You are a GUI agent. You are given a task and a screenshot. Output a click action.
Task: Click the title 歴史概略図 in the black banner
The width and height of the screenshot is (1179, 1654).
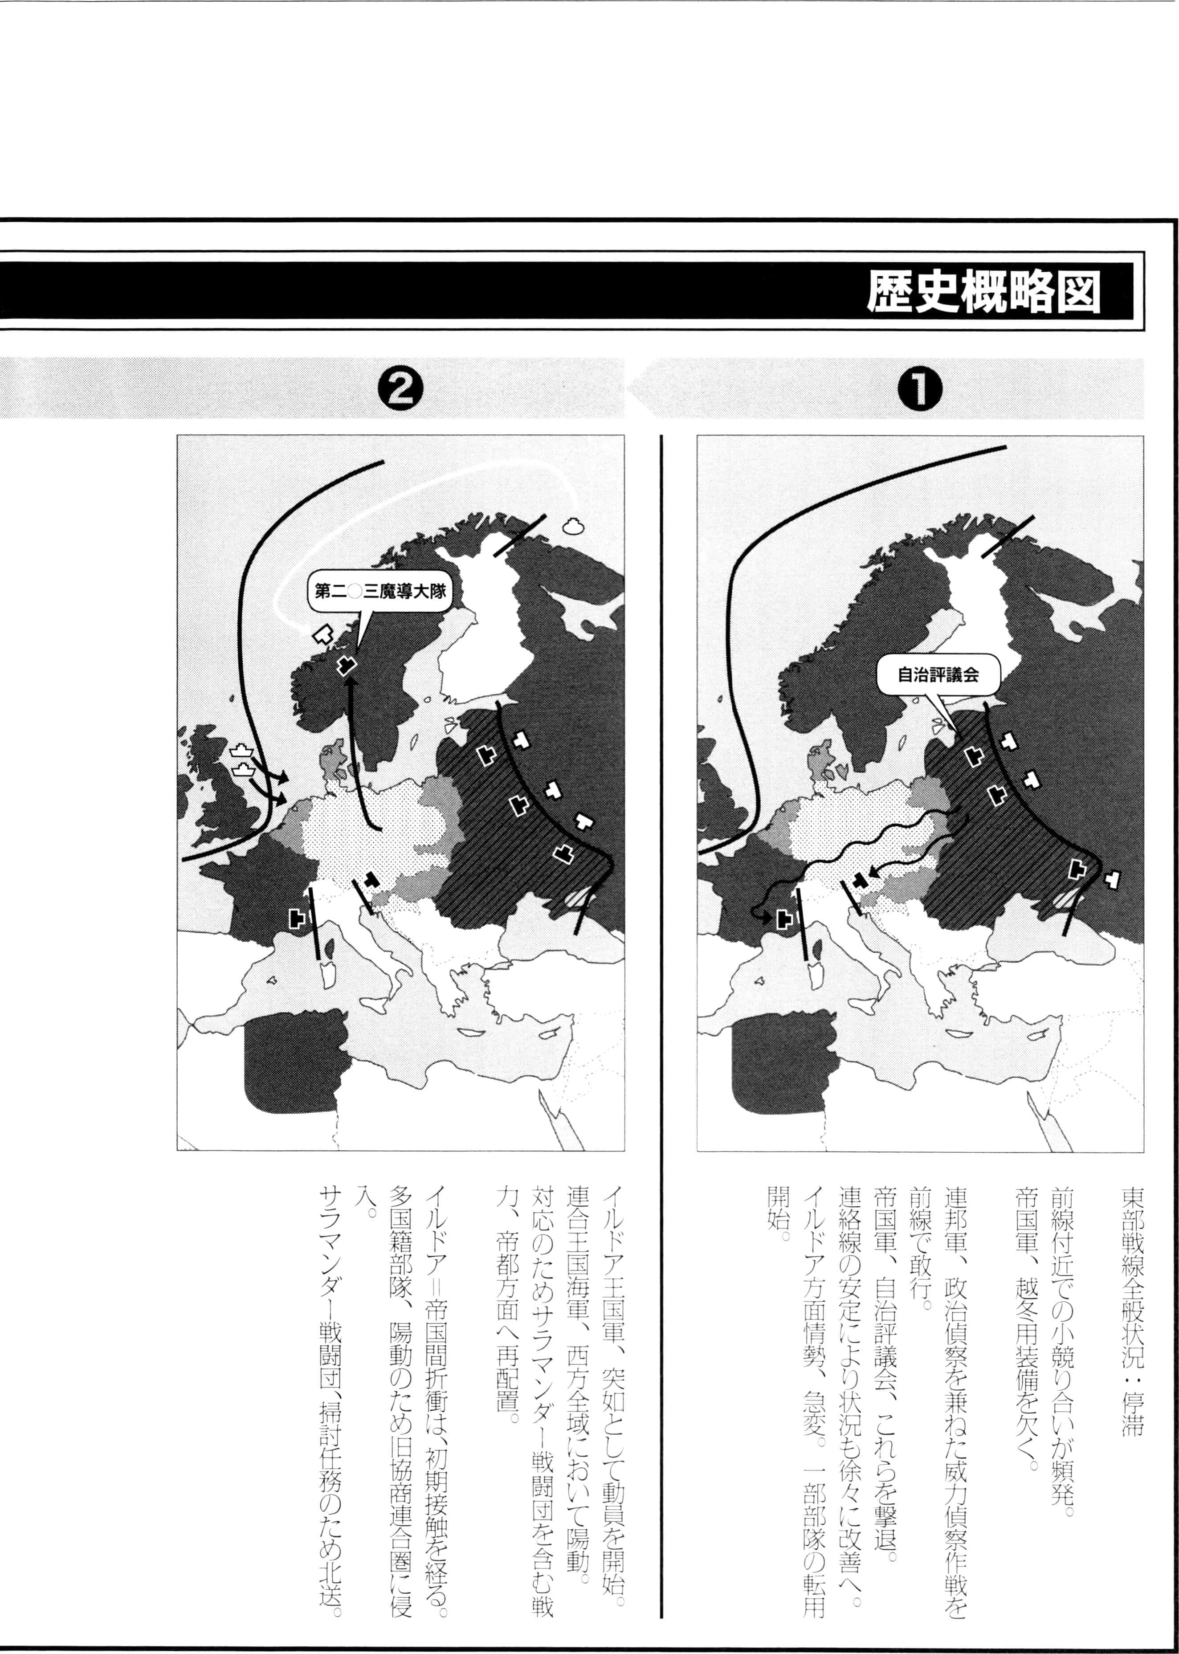[x=984, y=293]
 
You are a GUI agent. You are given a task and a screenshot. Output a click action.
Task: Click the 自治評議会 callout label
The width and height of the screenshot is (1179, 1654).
[x=938, y=674]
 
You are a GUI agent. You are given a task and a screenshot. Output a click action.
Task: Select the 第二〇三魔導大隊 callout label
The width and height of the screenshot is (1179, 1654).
[x=379, y=591]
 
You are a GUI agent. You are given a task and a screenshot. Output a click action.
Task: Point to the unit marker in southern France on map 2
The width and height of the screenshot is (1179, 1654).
[x=297, y=917]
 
